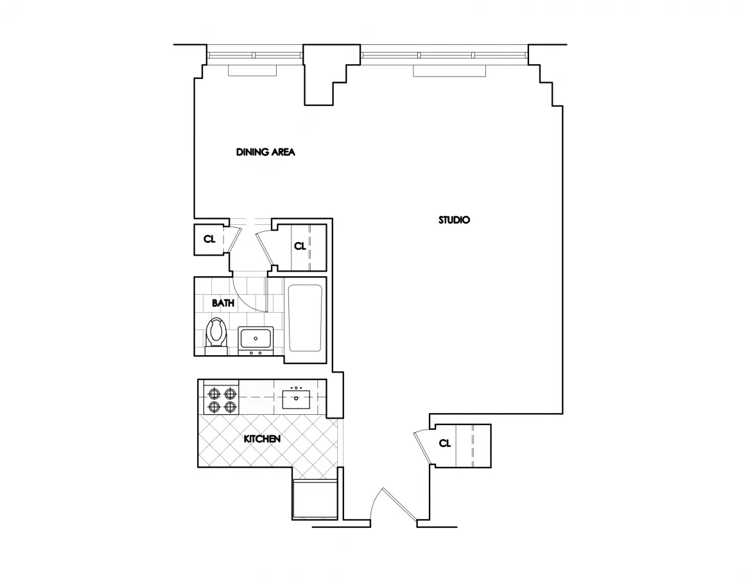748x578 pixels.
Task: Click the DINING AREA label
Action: click(x=265, y=152)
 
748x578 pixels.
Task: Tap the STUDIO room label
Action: click(x=454, y=220)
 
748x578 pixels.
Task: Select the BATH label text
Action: click(x=223, y=302)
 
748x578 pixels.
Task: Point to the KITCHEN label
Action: click(x=262, y=439)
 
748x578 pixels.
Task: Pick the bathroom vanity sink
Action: click(x=256, y=338)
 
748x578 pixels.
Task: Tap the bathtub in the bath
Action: click(x=305, y=318)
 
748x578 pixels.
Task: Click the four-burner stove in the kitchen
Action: click(x=221, y=398)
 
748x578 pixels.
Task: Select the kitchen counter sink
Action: click(x=297, y=398)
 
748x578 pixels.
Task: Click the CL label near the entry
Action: click(x=444, y=443)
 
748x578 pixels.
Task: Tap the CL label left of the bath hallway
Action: click(x=209, y=240)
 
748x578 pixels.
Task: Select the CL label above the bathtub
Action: click(x=300, y=246)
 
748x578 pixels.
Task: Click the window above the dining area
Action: click(x=254, y=55)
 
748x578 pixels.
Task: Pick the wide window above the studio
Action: click(x=445, y=55)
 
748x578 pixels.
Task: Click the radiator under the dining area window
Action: click(x=252, y=71)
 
